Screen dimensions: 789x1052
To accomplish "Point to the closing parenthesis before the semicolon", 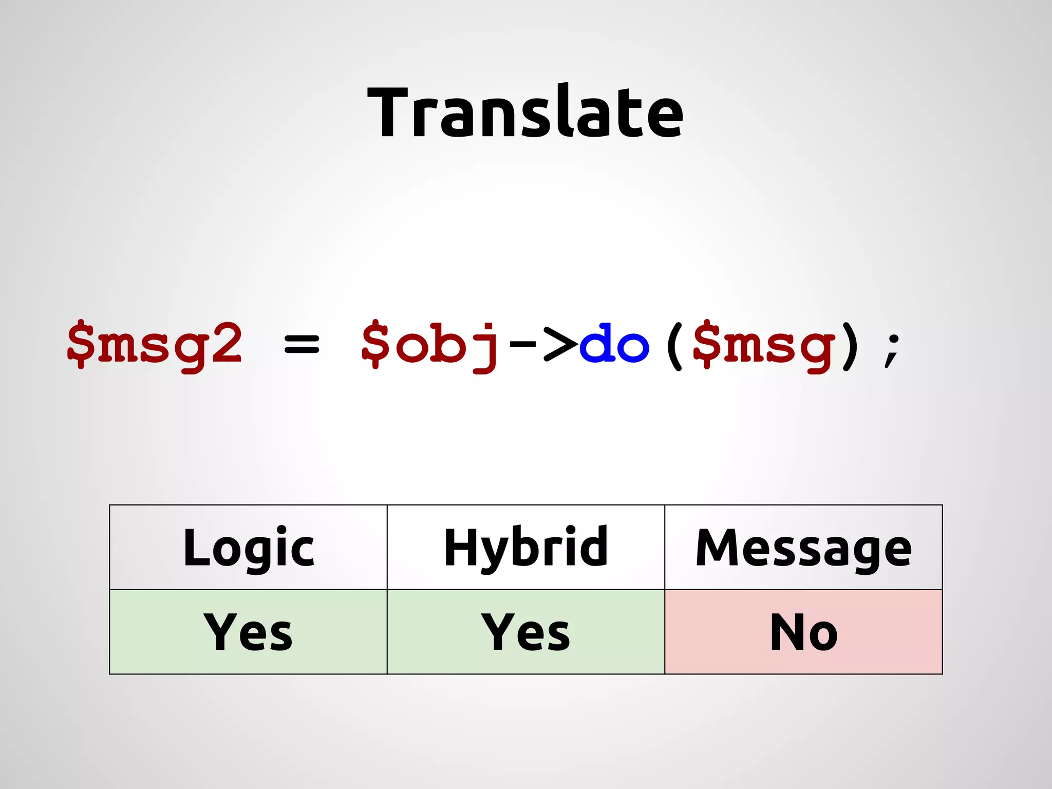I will (851, 345).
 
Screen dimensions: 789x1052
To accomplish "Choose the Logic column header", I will (248, 548).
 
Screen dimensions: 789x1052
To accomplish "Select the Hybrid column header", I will (525, 548).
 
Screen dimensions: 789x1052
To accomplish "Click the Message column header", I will (803, 548).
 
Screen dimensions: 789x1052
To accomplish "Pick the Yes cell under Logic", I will (248, 632).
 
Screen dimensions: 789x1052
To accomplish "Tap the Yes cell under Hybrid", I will (525, 632).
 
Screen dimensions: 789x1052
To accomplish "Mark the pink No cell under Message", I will (803, 632).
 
